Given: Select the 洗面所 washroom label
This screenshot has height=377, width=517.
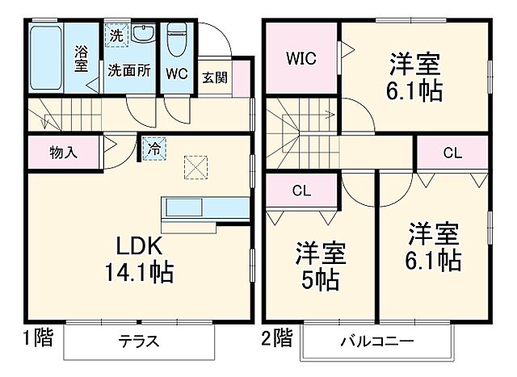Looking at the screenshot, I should pos(129,70).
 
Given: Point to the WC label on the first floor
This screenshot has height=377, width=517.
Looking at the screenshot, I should pos(177,72).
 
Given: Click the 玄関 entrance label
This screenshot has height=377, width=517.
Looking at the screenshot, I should pos(215,78).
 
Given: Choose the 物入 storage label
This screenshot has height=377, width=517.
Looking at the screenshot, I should pos(63,153).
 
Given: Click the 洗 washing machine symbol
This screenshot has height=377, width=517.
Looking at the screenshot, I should pos(116,36).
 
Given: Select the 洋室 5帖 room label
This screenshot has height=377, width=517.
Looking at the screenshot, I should pos(321,266).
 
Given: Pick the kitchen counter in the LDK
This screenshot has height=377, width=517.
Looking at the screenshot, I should pos(204,207).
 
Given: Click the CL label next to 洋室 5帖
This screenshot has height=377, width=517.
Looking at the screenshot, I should pos(301,191).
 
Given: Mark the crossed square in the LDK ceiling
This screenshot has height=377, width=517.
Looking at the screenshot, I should pos(195,166).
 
